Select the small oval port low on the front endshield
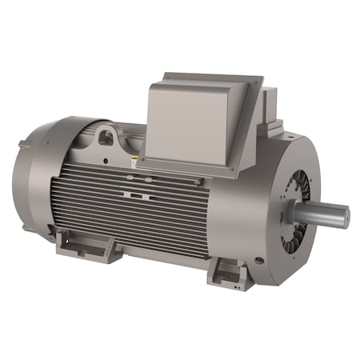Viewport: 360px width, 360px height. [x=258, y=261]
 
